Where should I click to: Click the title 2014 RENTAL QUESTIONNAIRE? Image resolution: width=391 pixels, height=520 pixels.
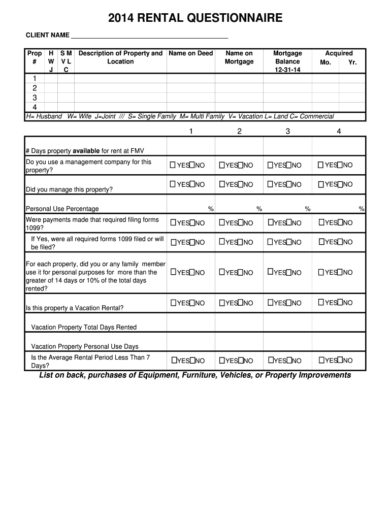pos(195,19)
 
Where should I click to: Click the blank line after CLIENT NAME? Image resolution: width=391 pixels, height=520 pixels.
pos(149,36)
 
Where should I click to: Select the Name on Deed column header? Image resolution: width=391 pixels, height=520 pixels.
pos(190,53)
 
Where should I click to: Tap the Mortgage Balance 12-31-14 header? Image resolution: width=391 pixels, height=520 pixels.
pos(287,61)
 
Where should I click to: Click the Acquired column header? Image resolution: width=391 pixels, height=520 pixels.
pos(339,53)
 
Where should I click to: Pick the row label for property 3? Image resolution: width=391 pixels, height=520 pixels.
pos(35,97)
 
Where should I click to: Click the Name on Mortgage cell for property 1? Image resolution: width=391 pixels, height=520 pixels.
pos(239,79)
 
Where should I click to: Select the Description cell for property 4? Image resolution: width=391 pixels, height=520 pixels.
pos(120,107)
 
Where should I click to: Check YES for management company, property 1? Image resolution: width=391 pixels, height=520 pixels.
pos(173,165)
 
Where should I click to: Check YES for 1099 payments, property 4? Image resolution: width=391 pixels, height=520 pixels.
pos(321,222)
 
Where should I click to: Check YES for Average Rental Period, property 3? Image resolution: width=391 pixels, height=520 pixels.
pos(271,361)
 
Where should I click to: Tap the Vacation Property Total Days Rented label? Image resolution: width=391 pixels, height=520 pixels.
pos(84,328)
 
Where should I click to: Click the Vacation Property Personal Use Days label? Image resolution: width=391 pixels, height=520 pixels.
pos(85,347)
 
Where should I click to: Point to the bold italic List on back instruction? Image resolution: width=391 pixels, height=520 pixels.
pos(195,375)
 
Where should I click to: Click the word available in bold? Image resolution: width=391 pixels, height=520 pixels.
pos(86,151)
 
